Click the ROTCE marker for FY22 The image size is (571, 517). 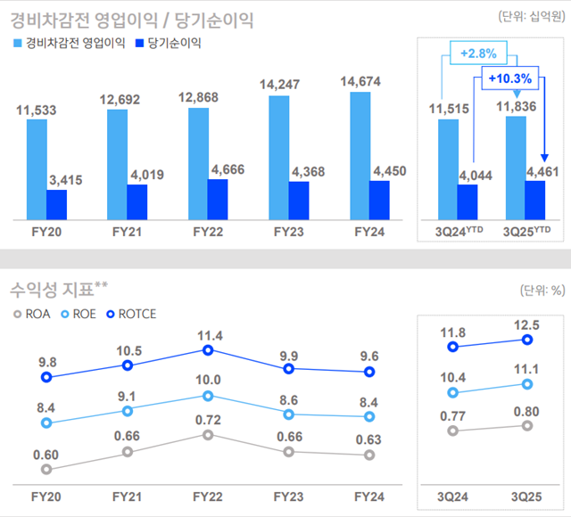click(207, 350)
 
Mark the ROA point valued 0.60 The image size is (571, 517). click(46, 469)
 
